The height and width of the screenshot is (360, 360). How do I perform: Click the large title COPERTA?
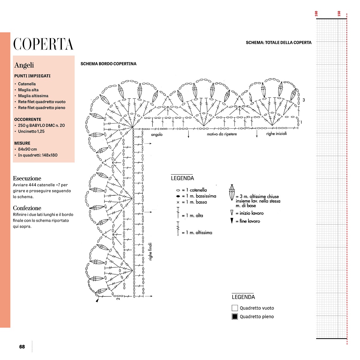click(x=43, y=44)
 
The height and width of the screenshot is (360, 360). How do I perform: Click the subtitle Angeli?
click(x=24, y=65)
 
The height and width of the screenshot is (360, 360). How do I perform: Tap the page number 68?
click(x=22, y=347)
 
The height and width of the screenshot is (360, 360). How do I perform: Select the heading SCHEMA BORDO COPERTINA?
click(x=108, y=64)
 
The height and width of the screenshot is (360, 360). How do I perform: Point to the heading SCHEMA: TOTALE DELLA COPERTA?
click(x=278, y=43)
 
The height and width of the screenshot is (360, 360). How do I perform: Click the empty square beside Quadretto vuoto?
click(x=235, y=308)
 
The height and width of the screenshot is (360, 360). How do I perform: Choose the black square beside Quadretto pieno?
click(x=235, y=316)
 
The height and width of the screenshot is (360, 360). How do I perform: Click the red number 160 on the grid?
click(x=316, y=14)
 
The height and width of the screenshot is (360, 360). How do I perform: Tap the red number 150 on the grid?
click(x=339, y=14)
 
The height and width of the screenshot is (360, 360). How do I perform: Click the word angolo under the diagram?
click(x=157, y=135)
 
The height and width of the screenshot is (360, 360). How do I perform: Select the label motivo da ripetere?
click(x=222, y=134)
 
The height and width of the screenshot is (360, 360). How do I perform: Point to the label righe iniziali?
click(x=276, y=133)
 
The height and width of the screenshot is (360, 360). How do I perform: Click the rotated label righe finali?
click(x=151, y=251)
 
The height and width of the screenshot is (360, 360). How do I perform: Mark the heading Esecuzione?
click(x=27, y=178)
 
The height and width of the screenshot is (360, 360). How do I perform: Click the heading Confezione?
click(x=27, y=208)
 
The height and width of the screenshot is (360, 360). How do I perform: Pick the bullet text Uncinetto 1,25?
click(x=31, y=131)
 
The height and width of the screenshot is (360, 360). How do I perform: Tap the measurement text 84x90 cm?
click(x=27, y=149)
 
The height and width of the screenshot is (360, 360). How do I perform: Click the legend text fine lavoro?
click(x=250, y=221)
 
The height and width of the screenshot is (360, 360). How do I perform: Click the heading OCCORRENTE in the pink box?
click(x=28, y=119)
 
